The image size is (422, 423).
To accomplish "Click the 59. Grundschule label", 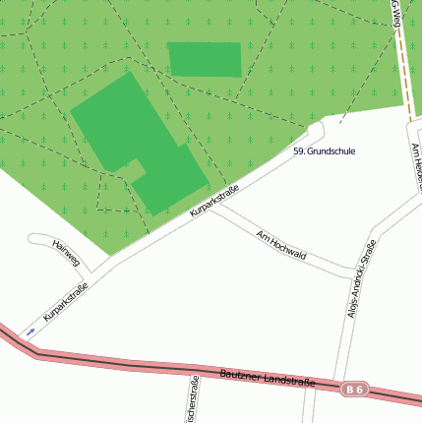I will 324,151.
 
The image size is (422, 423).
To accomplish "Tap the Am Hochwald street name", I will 280,245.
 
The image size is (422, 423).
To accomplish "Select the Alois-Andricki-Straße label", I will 361,278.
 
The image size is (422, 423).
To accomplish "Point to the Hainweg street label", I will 65,254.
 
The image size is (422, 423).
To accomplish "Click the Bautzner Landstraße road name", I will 268,379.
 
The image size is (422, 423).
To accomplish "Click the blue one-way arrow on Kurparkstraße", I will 30,332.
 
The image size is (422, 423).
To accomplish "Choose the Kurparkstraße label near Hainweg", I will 65,301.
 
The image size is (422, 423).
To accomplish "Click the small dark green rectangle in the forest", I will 205,59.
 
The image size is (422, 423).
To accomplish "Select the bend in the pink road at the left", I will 37,352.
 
